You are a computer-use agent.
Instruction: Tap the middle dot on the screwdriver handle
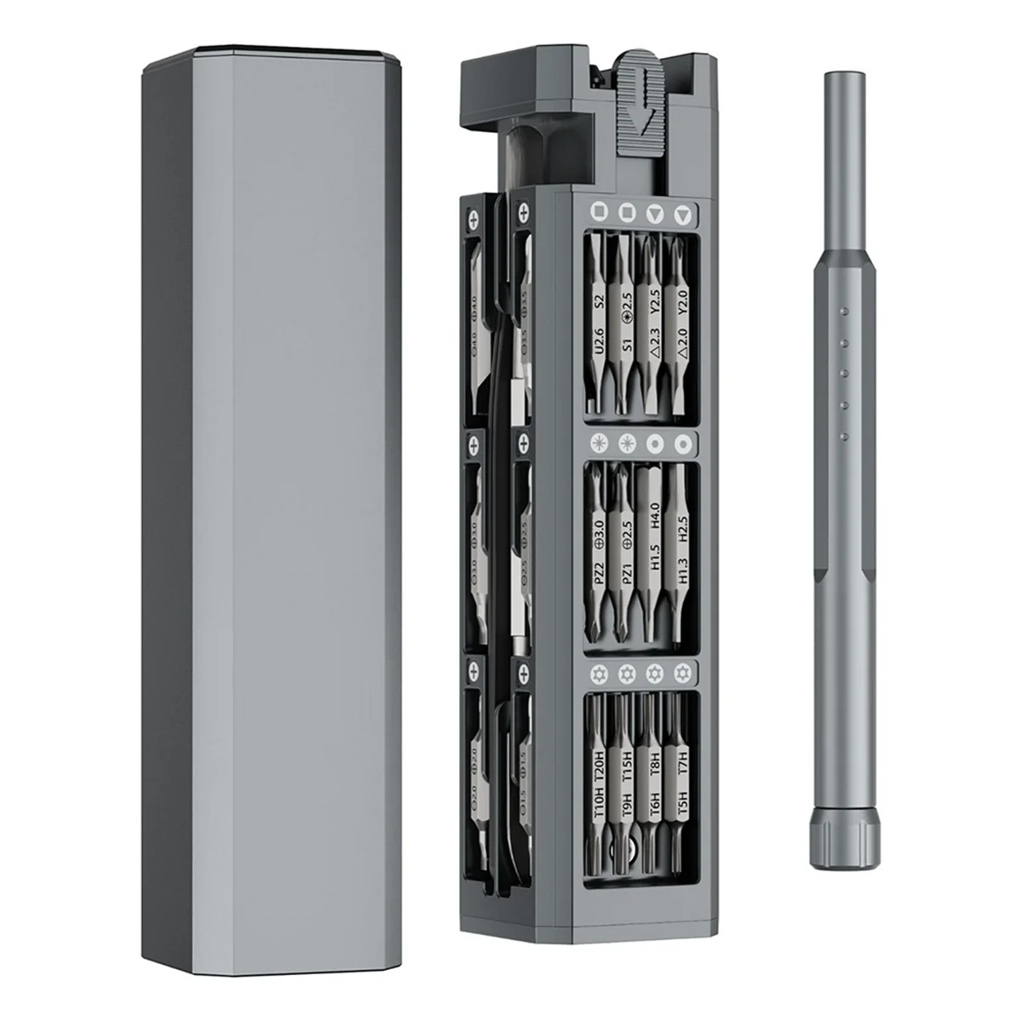click(x=842, y=372)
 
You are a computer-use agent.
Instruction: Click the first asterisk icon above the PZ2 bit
click(x=600, y=441)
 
